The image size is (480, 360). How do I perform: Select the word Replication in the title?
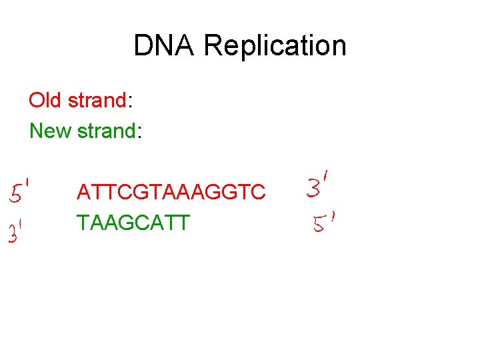[x=275, y=46]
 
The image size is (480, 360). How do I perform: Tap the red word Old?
[x=45, y=101]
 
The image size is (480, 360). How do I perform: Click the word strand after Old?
[x=97, y=101]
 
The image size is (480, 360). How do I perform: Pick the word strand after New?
[x=107, y=131]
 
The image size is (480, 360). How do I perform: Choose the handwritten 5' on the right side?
[x=323, y=223]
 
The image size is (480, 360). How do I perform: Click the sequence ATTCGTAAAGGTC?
[x=171, y=192]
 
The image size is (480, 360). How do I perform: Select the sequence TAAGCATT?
[x=133, y=222]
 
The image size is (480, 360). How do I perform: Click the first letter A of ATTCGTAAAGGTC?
[x=84, y=192]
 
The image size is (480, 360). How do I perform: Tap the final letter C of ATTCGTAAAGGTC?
[x=258, y=192]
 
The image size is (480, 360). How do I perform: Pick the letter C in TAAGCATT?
[x=141, y=222]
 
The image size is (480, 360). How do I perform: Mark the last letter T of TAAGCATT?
[x=183, y=222]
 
